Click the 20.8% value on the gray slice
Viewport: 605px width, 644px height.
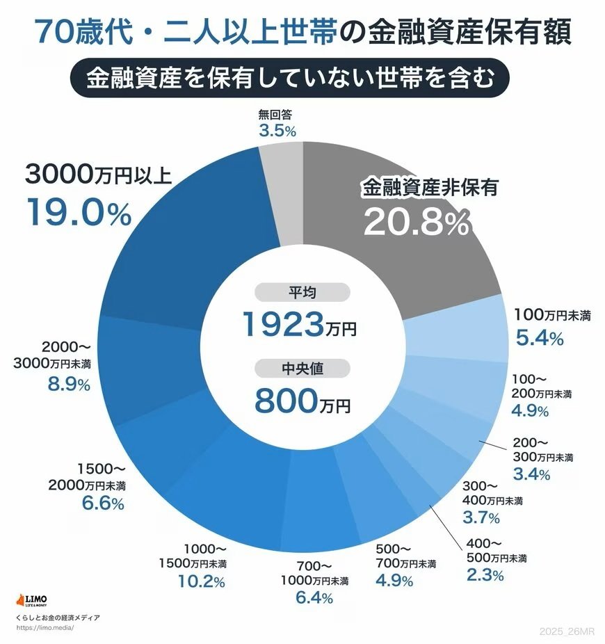[x=416, y=222]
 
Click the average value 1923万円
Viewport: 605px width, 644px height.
[x=299, y=324]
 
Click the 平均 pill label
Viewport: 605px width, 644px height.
[x=302, y=292]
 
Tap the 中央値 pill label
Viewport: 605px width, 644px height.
[x=302, y=369]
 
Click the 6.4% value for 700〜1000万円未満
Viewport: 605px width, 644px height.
[x=313, y=597]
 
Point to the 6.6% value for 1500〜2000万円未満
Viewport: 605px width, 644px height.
[x=101, y=503]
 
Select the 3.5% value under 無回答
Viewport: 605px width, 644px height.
[x=277, y=130]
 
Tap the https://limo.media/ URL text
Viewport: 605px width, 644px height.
[x=44, y=627]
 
